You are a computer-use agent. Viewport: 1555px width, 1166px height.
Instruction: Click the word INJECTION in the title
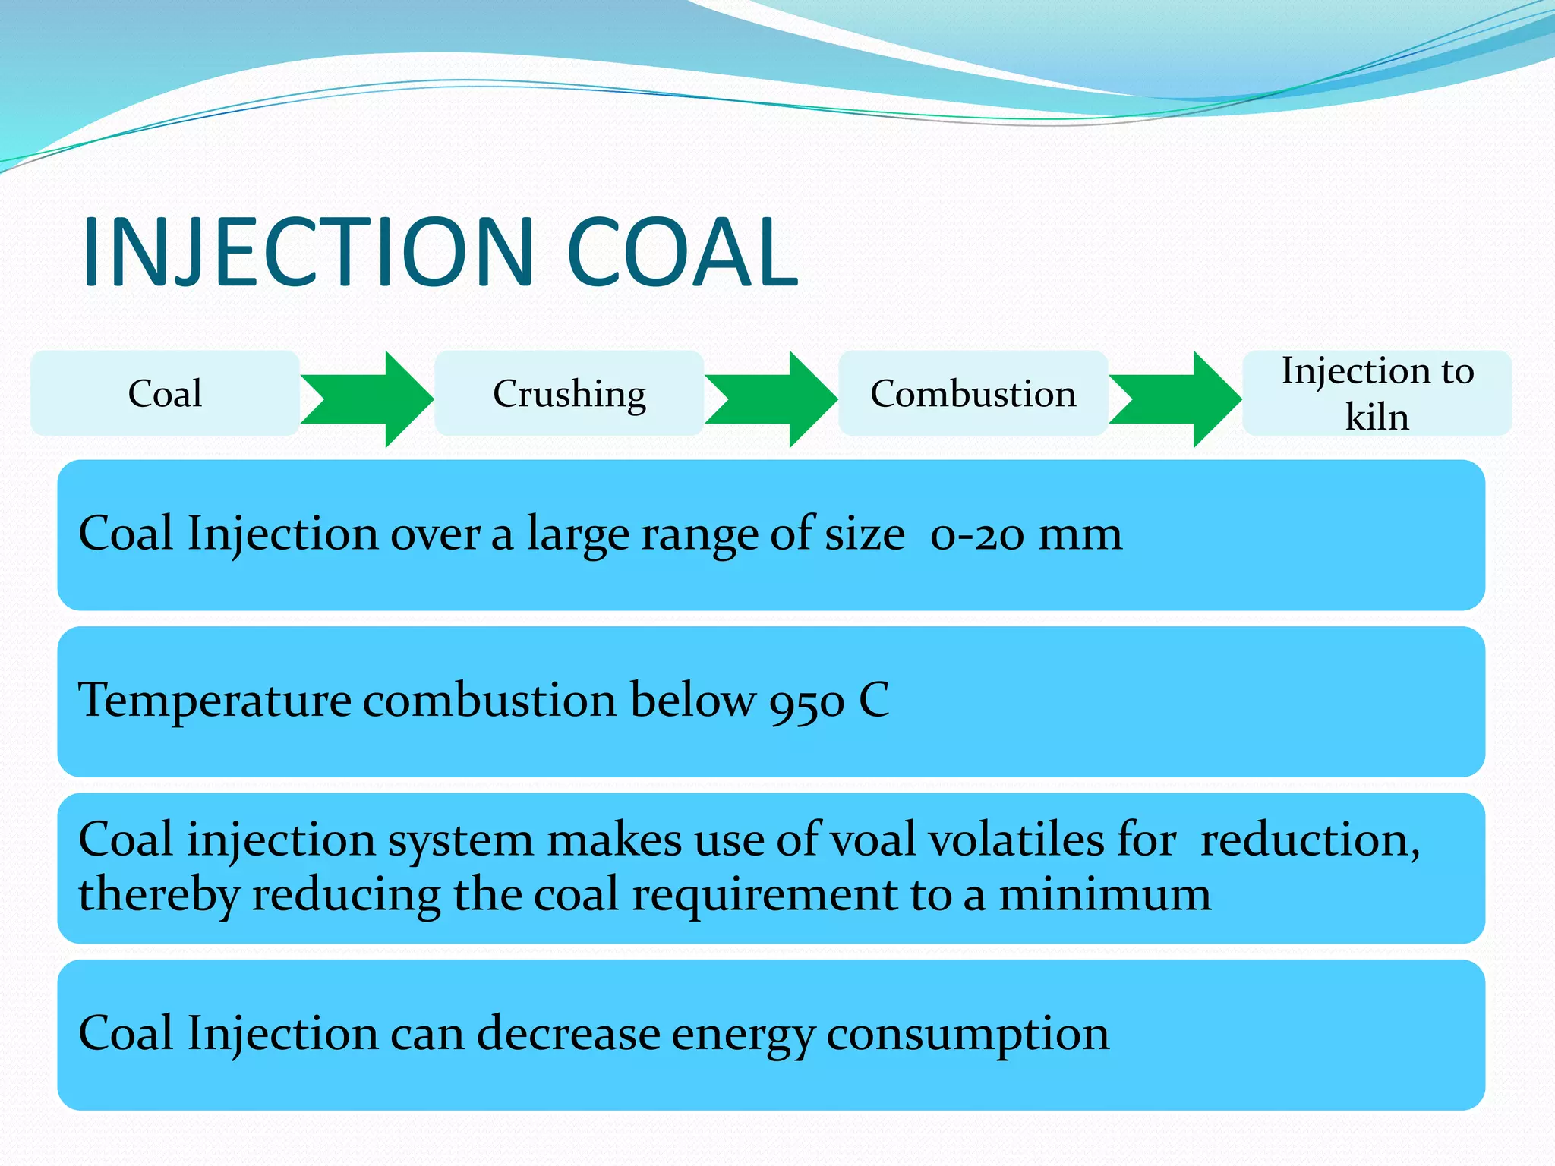coord(308,252)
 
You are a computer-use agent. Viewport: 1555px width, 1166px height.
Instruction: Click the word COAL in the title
coord(682,252)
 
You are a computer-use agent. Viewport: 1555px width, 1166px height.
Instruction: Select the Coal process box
coord(165,393)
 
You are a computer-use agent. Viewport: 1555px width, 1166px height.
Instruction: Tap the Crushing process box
coord(569,393)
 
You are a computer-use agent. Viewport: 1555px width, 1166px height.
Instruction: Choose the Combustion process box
coord(973,393)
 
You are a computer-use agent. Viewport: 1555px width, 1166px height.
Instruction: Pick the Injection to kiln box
coord(1377,393)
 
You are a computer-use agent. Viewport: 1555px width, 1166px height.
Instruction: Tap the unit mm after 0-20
coord(1080,534)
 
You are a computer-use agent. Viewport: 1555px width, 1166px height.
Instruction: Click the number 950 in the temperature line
coord(806,701)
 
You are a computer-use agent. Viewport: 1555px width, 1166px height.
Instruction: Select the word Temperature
coord(215,699)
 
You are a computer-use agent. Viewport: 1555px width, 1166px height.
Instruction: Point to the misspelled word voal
coord(872,840)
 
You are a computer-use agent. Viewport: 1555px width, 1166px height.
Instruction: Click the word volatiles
coord(1017,840)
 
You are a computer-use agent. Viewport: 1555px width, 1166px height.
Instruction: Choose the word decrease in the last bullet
coord(569,1033)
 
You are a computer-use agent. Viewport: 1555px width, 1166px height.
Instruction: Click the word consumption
coord(967,1035)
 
